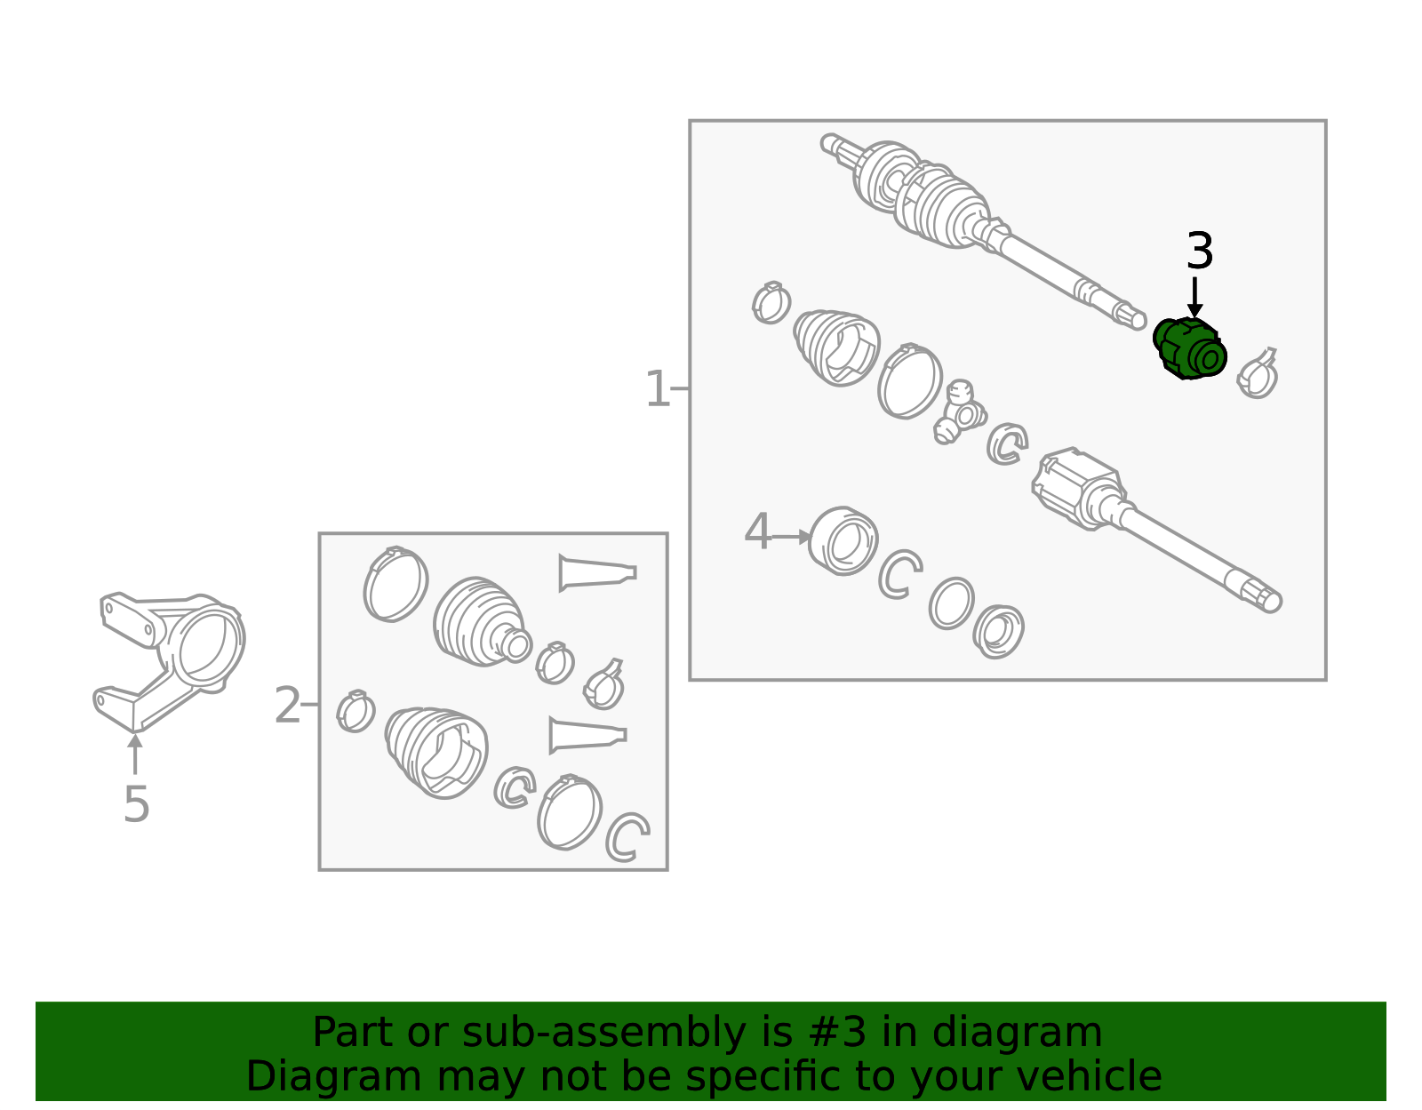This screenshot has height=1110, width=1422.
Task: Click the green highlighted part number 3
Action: pos(1189,348)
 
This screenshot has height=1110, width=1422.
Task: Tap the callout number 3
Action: pos(1200,251)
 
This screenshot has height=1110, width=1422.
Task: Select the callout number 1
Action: pos(657,389)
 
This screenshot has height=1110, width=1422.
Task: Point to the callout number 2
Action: pos(287,705)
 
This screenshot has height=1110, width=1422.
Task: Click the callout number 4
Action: pos(758,531)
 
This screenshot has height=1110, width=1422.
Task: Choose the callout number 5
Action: pos(137,804)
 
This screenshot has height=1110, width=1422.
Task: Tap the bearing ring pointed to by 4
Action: pos(843,541)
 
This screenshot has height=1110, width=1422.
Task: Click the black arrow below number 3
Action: pos(1194,298)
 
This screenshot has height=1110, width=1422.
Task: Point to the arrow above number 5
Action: pos(135,754)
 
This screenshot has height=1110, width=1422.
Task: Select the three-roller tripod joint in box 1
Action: pos(960,412)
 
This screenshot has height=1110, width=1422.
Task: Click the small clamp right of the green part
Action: pos(1257,374)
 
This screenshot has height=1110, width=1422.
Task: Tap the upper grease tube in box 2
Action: pos(596,573)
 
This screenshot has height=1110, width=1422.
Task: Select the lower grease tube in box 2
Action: pos(587,735)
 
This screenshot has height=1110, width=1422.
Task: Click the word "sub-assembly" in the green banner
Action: pos(604,1032)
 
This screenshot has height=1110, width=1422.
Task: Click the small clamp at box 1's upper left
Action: pos(771,303)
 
